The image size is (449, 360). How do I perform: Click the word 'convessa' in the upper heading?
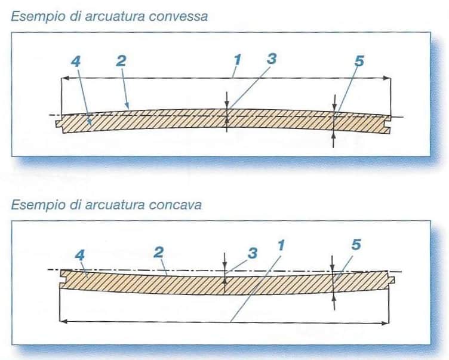click(179, 17)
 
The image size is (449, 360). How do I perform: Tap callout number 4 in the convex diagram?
click(76, 61)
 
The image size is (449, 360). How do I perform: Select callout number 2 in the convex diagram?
click(121, 61)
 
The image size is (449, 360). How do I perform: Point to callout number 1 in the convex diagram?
click(238, 60)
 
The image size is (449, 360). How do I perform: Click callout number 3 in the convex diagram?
click(272, 59)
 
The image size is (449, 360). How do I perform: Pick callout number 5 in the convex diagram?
click(359, 61)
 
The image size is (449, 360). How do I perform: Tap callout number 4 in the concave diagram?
click(80, 255)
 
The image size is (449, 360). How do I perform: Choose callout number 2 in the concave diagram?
click(159, 253)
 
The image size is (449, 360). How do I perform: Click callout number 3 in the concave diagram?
click(253, 253)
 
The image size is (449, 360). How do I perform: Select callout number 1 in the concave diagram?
click(281, 246)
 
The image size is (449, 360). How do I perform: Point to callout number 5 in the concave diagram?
click(356, 245)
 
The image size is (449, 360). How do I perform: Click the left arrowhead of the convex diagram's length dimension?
click(64, 78)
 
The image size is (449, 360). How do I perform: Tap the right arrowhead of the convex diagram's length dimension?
click(387, 78)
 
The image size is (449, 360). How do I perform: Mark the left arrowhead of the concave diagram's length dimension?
click(63, 321)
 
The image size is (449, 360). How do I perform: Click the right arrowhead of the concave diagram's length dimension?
click(386, 323)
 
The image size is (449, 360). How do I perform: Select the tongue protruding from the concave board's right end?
click(392, 279)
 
